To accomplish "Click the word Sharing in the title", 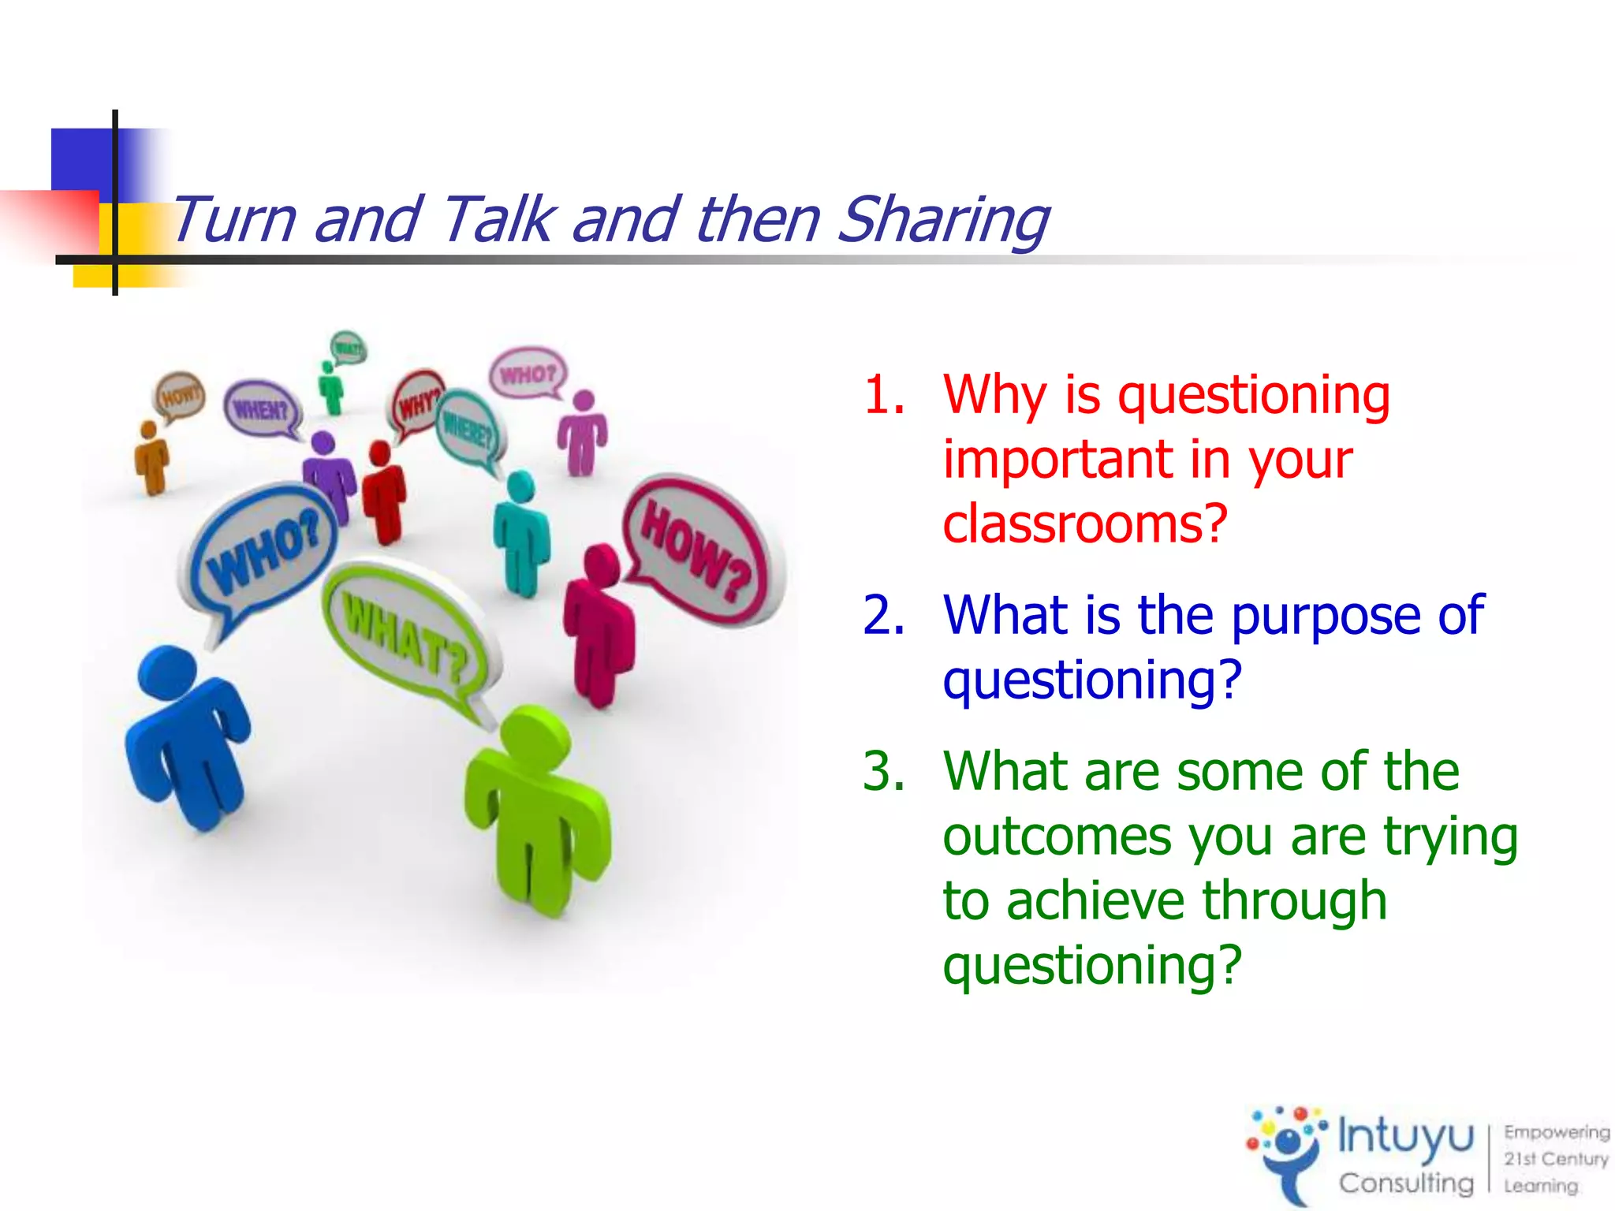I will point(942,220).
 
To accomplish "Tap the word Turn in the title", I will point(233,220).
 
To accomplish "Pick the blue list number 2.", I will point(883,615).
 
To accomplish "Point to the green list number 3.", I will point(883,771).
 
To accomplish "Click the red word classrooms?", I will point(1085,524).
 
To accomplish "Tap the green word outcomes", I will point(1057,837).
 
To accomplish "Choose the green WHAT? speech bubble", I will point(406,630).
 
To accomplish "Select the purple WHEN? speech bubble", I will point(260,408).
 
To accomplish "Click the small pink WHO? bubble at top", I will point(528,372).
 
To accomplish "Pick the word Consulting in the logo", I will point(1405,1183).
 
